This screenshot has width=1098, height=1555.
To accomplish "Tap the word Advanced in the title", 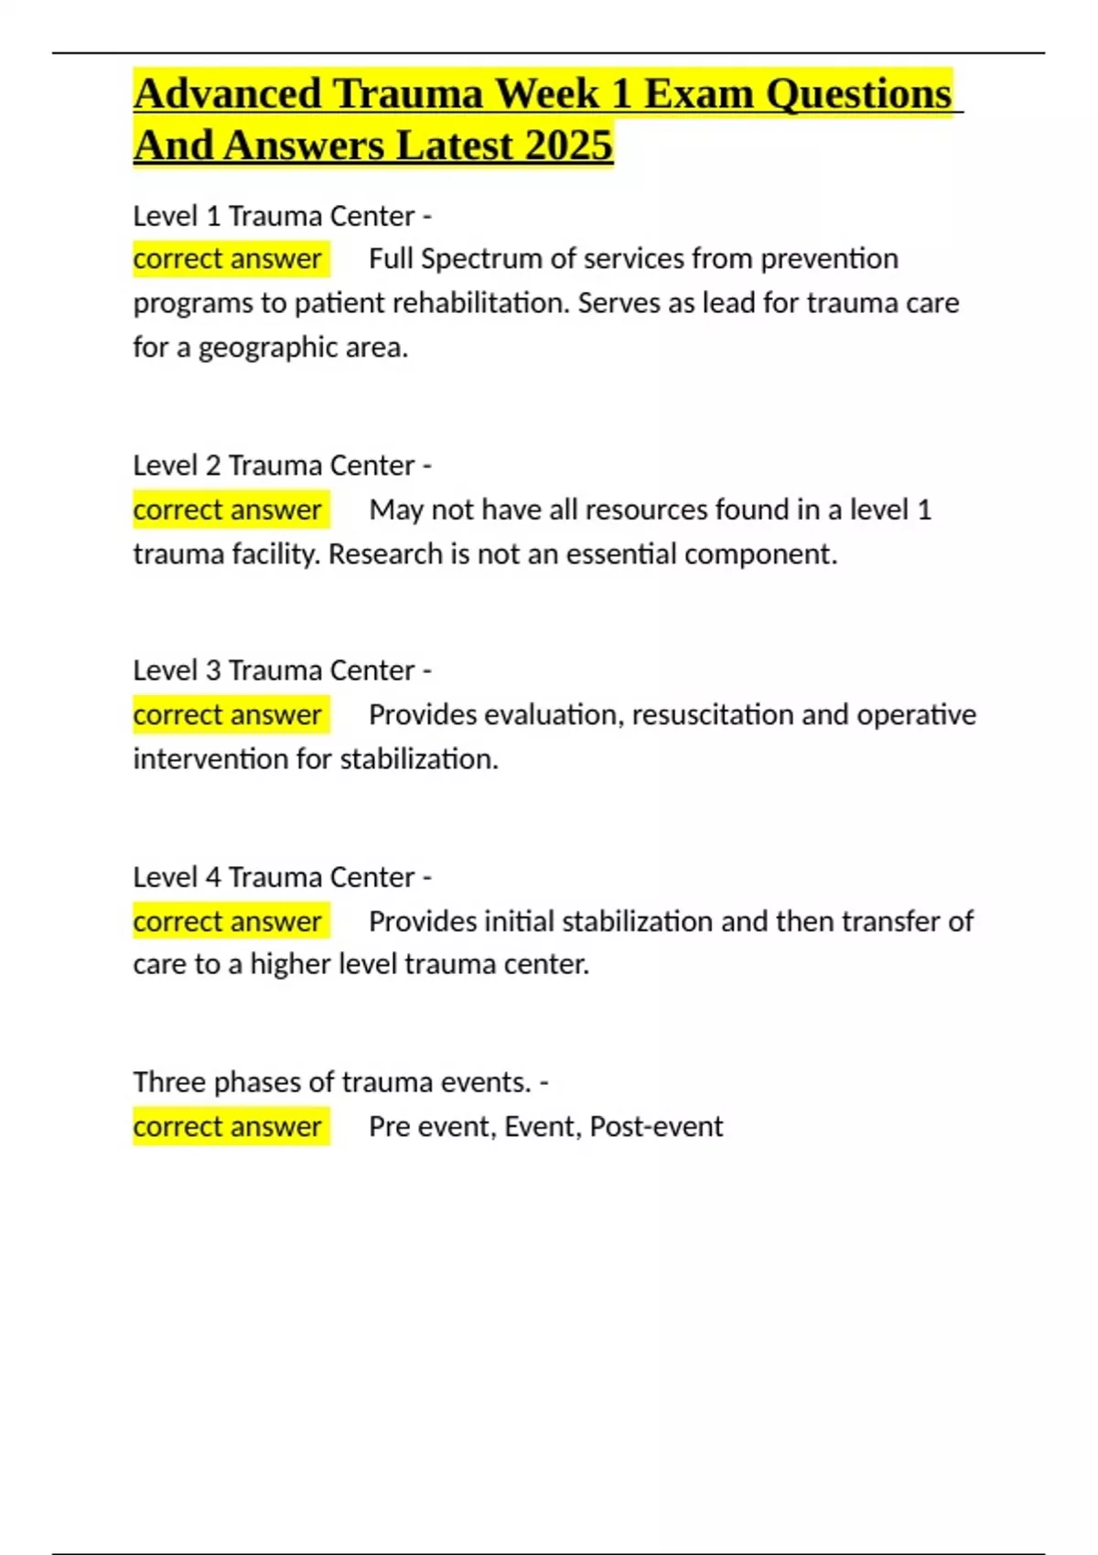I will click(228, 94).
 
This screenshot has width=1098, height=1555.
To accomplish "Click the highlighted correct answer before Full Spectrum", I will click(228, 259).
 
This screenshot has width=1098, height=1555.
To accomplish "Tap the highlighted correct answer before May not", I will click(228, 509).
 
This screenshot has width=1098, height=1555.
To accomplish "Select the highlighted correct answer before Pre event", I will click(228, 1126).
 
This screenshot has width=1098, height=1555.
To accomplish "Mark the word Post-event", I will click(656, 1126).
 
